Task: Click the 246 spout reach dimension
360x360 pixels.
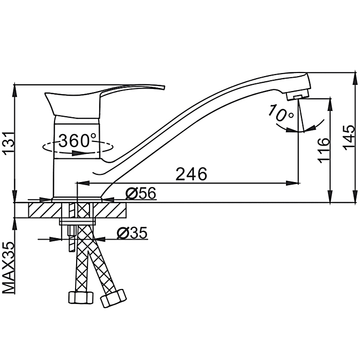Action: click(191, 174)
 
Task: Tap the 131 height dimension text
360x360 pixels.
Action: click(9, 143)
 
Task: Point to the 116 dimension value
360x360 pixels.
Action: click(323, 150)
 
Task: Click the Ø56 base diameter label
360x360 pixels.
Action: click(141, 193)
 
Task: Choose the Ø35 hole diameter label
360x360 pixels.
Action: click(132, 233)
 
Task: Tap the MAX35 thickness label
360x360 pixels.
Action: click(9, 267)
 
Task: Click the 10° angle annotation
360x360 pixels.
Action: click(281, 113)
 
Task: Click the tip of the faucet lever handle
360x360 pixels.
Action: click(165, 87)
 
